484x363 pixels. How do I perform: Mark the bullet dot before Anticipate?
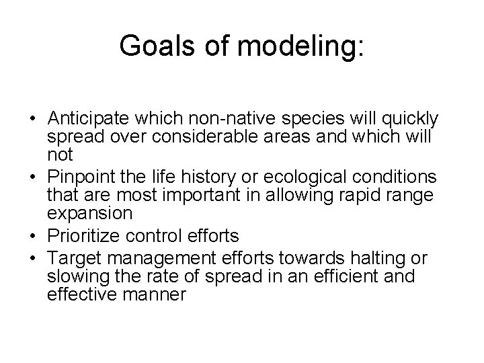(x=33, y=120)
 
